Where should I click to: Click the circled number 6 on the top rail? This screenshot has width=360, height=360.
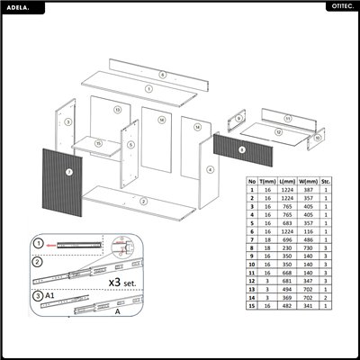163,74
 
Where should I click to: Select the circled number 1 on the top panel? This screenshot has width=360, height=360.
147,89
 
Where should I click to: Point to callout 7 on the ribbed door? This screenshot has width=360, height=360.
68,172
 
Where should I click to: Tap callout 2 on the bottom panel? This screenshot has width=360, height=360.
143,202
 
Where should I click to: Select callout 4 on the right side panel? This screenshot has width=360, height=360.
210,168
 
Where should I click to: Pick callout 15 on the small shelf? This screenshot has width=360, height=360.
98,144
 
